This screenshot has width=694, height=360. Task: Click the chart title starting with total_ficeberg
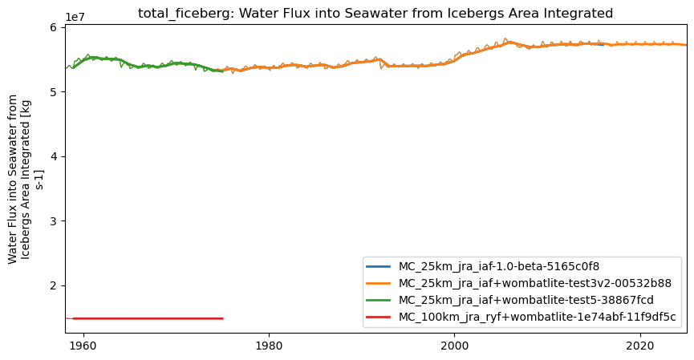[x=375, y=14]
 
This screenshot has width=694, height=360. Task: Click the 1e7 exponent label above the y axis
[x=75, y=17]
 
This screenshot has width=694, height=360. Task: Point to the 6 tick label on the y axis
[x=54, y=27]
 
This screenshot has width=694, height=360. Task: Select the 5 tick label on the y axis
[x=54, y=92]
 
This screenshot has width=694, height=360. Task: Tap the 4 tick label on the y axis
[x=54, y=156]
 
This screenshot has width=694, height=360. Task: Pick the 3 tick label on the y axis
[x=54, y=221]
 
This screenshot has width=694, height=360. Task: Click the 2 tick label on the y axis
[x=54, y=285]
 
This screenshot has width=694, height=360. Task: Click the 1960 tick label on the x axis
[x=83, y=345]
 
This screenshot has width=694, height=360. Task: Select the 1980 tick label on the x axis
[x=269, y=345]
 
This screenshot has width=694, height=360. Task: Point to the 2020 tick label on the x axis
[x=640, y=345]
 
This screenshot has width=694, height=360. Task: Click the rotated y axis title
[x=25, y=179]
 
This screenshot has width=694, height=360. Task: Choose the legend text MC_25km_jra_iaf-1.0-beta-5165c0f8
[x=499, y=266]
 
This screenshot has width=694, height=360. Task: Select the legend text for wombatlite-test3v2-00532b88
[x=534, y=283]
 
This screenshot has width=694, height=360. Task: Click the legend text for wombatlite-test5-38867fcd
[x=526, y=300]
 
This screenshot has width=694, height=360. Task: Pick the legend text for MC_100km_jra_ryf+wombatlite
[x=538, y=317]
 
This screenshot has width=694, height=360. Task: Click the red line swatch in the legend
[x=378, y=317]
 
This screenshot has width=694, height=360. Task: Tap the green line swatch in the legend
[x=378, y=300]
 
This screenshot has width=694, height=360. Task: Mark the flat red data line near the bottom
[x=144, y=318]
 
